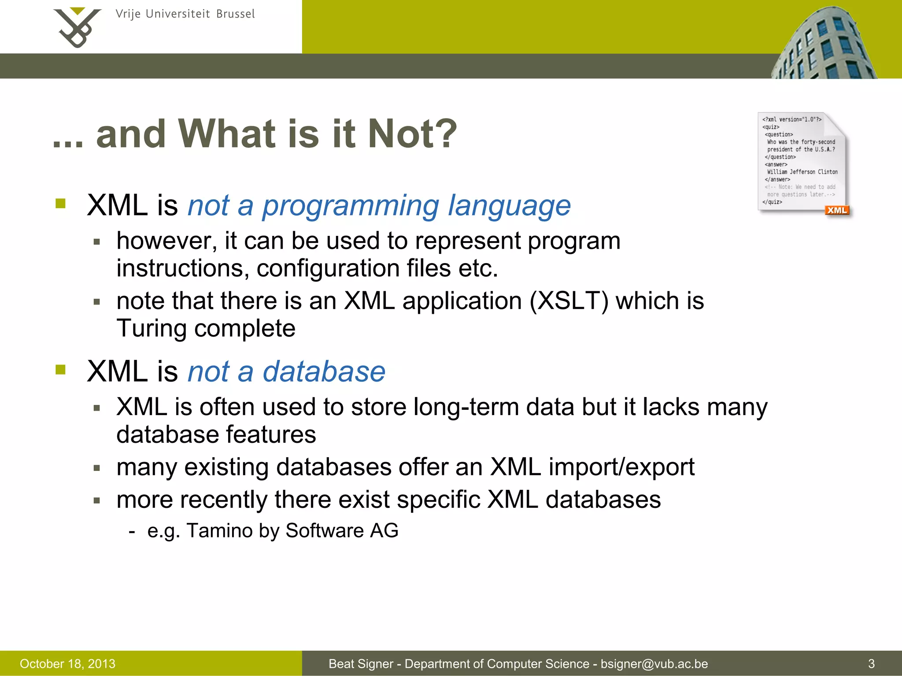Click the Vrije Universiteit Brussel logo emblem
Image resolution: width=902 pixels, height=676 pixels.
pos(77,27)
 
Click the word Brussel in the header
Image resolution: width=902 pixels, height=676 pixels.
pos(235,14)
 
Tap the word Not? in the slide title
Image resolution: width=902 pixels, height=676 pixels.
pos(412,134)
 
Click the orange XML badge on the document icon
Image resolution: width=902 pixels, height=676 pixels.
pos(836,210)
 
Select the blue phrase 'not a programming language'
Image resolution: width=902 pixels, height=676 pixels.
pos(379,206)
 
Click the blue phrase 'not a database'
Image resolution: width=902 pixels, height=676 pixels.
pos(286,371)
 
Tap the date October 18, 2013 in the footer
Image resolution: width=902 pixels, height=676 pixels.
pos(67,664)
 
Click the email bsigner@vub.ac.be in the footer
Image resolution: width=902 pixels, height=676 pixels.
pos(654,664)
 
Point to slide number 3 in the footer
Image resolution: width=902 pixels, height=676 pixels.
pos(871,664)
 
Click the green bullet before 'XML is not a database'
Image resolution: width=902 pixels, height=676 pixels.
pos(60,370)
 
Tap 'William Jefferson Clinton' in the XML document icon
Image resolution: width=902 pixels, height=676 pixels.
pos(802,172)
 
